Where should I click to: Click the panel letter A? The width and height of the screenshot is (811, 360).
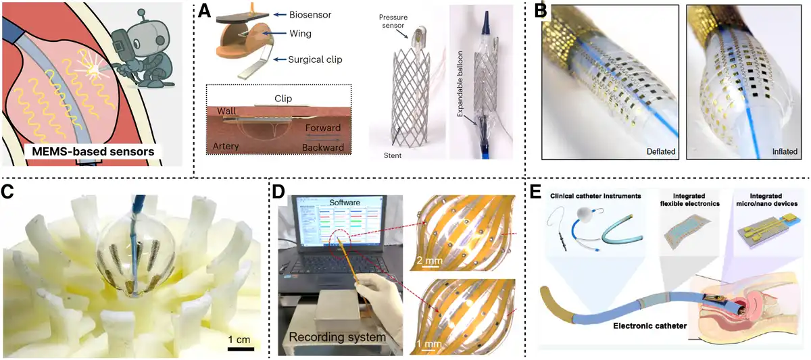coord(205,11)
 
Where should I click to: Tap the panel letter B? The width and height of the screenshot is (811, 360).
coord(541,11)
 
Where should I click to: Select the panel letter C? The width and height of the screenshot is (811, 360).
coord(7,192)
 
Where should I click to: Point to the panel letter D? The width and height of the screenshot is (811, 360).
coord(278,192)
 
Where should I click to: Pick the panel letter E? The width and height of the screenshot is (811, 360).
coord(535,192)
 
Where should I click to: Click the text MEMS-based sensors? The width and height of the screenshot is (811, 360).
coord(93,151)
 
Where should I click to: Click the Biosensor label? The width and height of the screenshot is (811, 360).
coord(310,15)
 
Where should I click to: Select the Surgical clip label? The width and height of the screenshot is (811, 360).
coord(315,59)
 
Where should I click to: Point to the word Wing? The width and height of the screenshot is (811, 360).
coord(300,34)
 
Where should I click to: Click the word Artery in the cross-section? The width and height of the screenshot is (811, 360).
coord(226,146)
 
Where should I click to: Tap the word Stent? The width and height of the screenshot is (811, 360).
coord(393,155)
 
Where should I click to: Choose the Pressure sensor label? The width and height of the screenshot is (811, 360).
coord(393,22)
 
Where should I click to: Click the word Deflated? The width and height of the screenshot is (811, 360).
coord(661,151)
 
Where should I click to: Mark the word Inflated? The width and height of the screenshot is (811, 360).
coord(785,151)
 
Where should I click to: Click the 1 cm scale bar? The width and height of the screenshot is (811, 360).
coord(241,349)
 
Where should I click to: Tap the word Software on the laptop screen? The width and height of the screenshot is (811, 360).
coord(344,203)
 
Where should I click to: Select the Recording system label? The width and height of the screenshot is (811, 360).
coord(337,337)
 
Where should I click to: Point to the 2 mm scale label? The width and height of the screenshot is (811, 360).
coord(429,261)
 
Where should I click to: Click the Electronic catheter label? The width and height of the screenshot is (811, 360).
coord(650,326)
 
